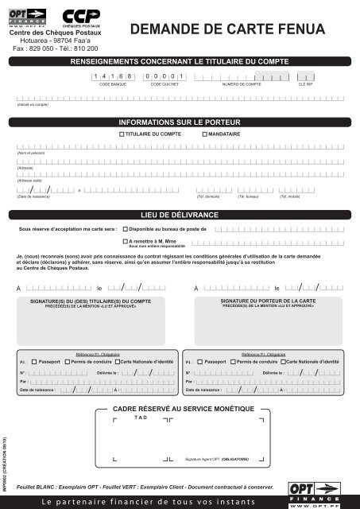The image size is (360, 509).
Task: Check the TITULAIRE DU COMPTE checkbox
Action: [x=122, y=135]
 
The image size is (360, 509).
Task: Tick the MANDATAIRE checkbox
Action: [x=204, y=135]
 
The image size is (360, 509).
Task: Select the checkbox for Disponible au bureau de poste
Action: [x=125, y=228]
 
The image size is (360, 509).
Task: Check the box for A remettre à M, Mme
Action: [x=125, y=240]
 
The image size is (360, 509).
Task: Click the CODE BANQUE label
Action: [x=112, y=83]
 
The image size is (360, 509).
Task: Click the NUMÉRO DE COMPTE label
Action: [x=242, y=83]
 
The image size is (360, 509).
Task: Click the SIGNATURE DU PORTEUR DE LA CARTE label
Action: [x=269, y=302]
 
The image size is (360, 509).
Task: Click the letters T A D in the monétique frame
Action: [x=141, y=418]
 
